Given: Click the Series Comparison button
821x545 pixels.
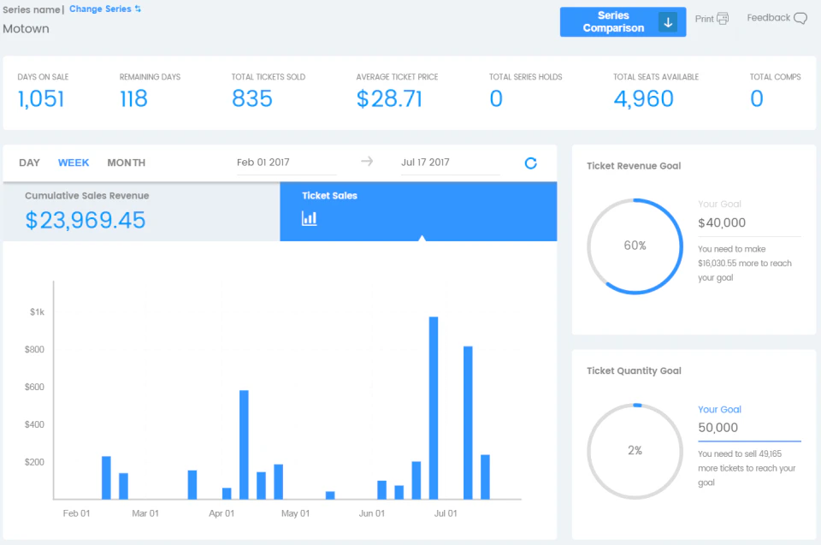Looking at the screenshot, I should pos(622,22).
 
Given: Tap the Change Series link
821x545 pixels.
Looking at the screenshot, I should pos(104,9).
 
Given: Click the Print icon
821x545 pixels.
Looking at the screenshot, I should pos(723,19).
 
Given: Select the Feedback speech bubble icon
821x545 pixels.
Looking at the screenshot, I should pos(800,19).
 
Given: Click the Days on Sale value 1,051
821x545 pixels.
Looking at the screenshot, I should pos(41,99).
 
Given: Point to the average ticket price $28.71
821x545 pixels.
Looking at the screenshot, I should pos(389,99).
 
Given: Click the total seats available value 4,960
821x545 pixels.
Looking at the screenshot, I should pos(643,99).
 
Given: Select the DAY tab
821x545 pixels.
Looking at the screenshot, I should pos(29,163).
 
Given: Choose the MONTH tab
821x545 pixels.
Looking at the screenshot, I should pos(126,163).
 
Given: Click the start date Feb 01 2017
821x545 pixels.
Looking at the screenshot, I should pos(263,163).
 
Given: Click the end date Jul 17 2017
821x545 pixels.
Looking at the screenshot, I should pos(425,163).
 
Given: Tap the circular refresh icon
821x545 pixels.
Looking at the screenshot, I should pos(530,163).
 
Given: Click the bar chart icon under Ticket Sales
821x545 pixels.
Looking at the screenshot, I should pos(310,218).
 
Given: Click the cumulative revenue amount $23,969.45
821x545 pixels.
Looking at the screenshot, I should pos(86,221).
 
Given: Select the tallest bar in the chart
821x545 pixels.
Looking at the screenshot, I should pos(434,407).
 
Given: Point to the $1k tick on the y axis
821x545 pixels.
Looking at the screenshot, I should pos(37,312).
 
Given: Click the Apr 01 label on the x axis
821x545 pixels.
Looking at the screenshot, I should pos(221,513).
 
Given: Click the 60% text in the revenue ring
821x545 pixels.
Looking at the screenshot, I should pos(635,246).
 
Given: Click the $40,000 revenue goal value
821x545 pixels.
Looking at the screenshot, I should pos(722,223).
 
